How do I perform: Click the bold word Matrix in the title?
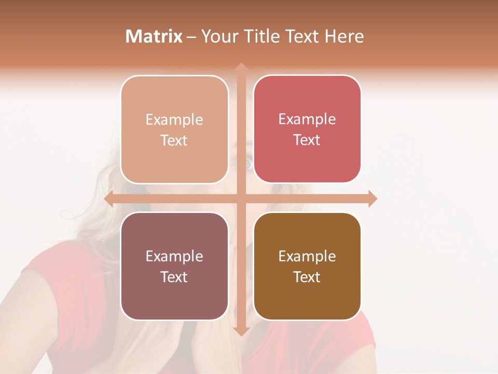pos(154,36)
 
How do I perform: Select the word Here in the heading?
pos(344,36)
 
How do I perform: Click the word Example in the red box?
pos(307,119)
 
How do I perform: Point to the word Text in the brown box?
pos(307,277)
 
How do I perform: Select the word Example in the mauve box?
pos(174,256)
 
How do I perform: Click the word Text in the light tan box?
pos(174,140)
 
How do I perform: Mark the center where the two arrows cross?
pos(241,199)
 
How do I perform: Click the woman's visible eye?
pos(247,164)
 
